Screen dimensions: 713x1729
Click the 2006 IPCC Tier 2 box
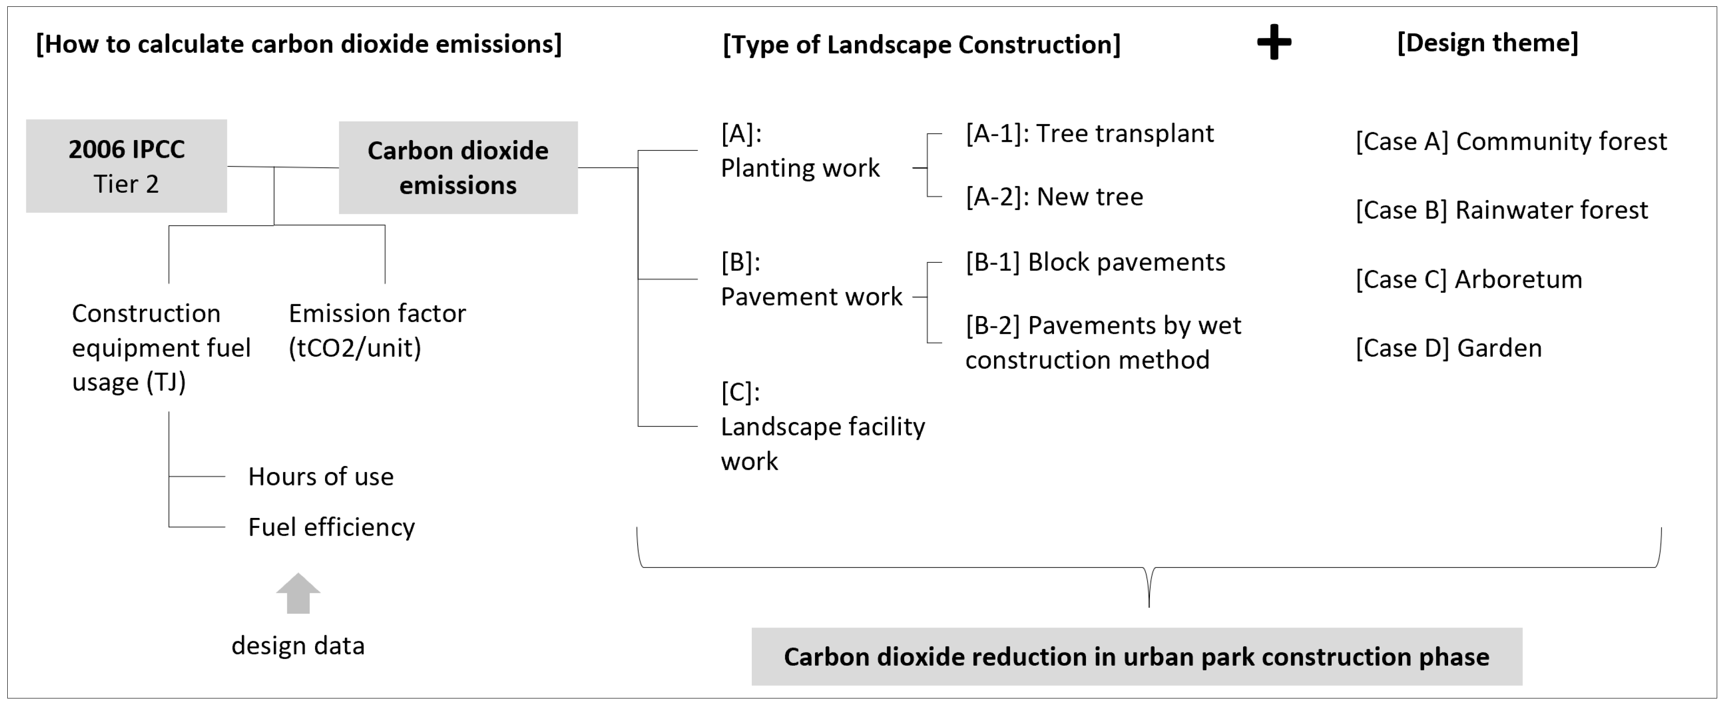126,166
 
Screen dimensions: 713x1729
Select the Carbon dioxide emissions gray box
458,168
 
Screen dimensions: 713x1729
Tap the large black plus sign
1273,43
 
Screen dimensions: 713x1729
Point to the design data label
298,646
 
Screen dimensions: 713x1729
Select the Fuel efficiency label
331,527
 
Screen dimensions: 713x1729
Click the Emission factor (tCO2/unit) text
376,330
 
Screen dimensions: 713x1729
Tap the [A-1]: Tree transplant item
1089,134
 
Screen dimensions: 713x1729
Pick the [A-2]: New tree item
1054,197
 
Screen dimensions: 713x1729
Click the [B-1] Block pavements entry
1095,262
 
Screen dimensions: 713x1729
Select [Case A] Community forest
1511,142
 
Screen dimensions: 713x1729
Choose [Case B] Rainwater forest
1501,210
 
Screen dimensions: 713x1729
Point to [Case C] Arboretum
1469,279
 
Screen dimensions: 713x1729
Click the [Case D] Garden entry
1449,348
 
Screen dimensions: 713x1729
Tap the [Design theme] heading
1487,43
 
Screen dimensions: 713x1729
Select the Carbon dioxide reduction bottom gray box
1136,657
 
